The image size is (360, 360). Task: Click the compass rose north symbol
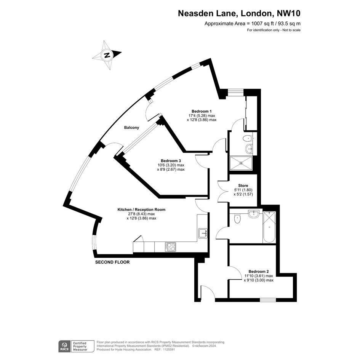coord(107,55)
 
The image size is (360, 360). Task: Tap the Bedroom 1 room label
coord(202,111)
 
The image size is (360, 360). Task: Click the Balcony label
coord(131,128)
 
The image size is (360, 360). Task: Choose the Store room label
coord(243,186)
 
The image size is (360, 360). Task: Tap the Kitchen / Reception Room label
coord(141,210)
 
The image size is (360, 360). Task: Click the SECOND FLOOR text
coord(112,262)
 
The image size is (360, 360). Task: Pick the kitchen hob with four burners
coord(170,247)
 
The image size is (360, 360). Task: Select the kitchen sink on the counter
coord(202,233)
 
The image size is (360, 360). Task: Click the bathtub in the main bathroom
coord(269,227)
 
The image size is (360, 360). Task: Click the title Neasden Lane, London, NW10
coord(239,14)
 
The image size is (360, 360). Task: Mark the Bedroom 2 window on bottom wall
coord(268,300)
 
